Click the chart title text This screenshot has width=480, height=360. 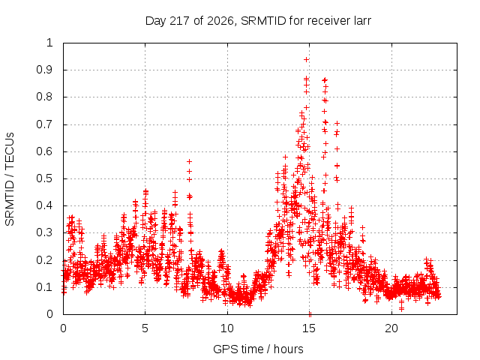click(x=258, y=21)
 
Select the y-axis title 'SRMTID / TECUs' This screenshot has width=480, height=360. click(x=10, y=179)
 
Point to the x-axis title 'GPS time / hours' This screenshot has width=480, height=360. click(x=258, y=349)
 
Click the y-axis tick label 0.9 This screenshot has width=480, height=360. click(x=45, y=70)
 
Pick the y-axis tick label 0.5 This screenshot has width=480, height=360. click(x=45, y=178)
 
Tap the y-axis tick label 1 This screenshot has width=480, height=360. click(x=49, y=43)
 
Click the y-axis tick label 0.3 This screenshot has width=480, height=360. click(x=45, y=232)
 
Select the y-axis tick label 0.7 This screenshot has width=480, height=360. click(x=45, y=124)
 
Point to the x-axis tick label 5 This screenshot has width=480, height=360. click(x=145, y=328)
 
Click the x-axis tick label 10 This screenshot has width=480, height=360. click(x=227, y=328)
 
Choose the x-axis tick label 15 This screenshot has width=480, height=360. click(x=309, y=328)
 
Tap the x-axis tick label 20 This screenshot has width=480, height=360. click(x=391, y=328)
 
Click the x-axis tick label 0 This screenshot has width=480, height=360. click(x=63, y=328)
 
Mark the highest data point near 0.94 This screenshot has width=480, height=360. click(x=306, y=59)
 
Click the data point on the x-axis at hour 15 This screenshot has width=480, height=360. click(x=310, y=314)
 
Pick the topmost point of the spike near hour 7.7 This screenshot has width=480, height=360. click(x=189, y=161)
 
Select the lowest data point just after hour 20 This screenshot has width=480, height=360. click(x=401, y=309)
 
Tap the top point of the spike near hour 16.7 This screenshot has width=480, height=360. click(x=337, y=123)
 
